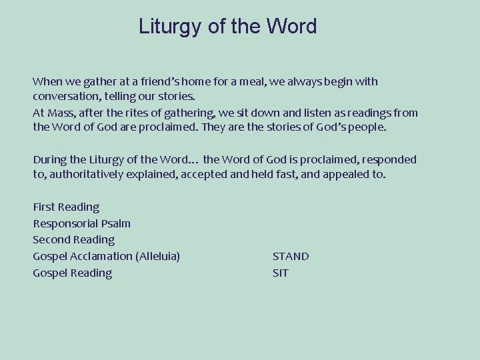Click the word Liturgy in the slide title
coord(170,27)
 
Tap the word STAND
coord(291,257)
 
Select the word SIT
coord(281,273)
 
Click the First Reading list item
coord(66,207)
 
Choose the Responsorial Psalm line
coord(81,224)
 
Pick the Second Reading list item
coord(73,240)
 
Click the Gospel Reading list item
coord(72,273)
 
